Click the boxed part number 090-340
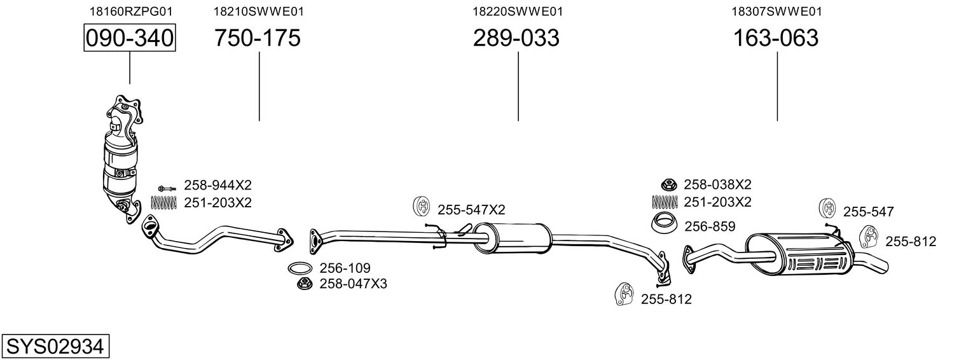click(x=130, y=38)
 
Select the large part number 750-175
click(x=257, y=38)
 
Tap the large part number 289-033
click(x=516, y=38)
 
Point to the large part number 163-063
click(x=776, y=38)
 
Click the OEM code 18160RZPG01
click(x=131, y=11)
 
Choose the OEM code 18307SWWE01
click(x=776, y=11)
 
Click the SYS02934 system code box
click(x=55, y=347)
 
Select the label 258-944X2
click(x=217, y=186)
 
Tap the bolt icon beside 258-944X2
click(x=167, y=188)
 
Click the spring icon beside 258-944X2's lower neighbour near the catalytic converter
click(x=164, y=203)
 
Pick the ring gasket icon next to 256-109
click(x=300, y=268)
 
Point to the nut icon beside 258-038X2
click(x=668, y=184)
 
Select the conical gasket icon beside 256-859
click(x=664, y=223)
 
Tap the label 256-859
click(x=710, y=226)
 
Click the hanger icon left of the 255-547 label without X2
click(x=827, y=208)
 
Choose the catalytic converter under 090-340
click(x=121, y=158)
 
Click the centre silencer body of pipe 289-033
click(x=512, y=239)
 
